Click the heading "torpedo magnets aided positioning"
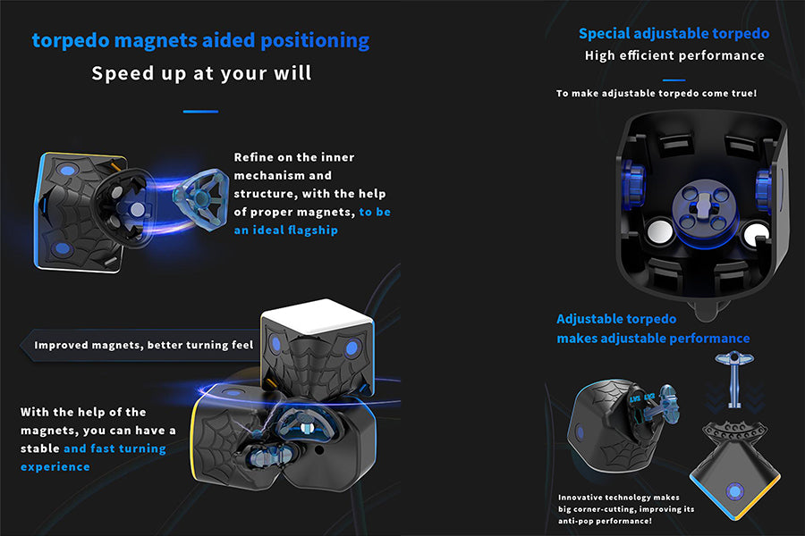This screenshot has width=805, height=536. coord(200,40)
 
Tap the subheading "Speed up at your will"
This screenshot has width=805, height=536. coord(201,73)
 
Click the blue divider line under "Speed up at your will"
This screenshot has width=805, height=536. coord(200,112)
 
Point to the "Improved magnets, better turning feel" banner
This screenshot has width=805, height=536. coord(143,345)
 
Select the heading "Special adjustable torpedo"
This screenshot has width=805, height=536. coord(674,34)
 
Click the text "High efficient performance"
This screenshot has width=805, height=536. coord(674,55)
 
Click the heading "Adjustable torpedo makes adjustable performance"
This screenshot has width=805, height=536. coord(653,329)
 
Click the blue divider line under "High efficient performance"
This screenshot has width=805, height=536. coord(674,80)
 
